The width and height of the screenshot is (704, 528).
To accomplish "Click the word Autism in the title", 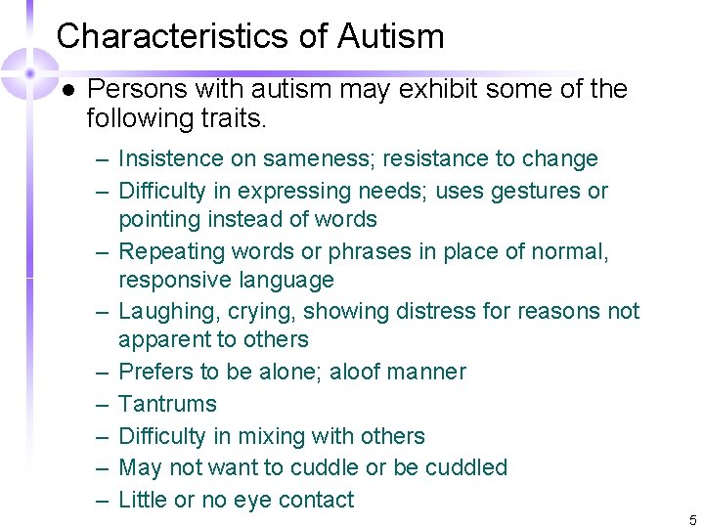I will point(391,36).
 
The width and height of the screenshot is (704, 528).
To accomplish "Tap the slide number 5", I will point(692,519).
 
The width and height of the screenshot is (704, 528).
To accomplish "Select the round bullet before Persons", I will point(67,90).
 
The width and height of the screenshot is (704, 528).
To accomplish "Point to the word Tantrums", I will point(167,404).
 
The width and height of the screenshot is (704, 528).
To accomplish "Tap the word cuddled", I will point(466,467).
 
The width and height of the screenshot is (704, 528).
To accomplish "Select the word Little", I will point(143,500).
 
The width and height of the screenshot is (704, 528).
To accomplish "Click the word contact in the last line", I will point(316,500).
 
